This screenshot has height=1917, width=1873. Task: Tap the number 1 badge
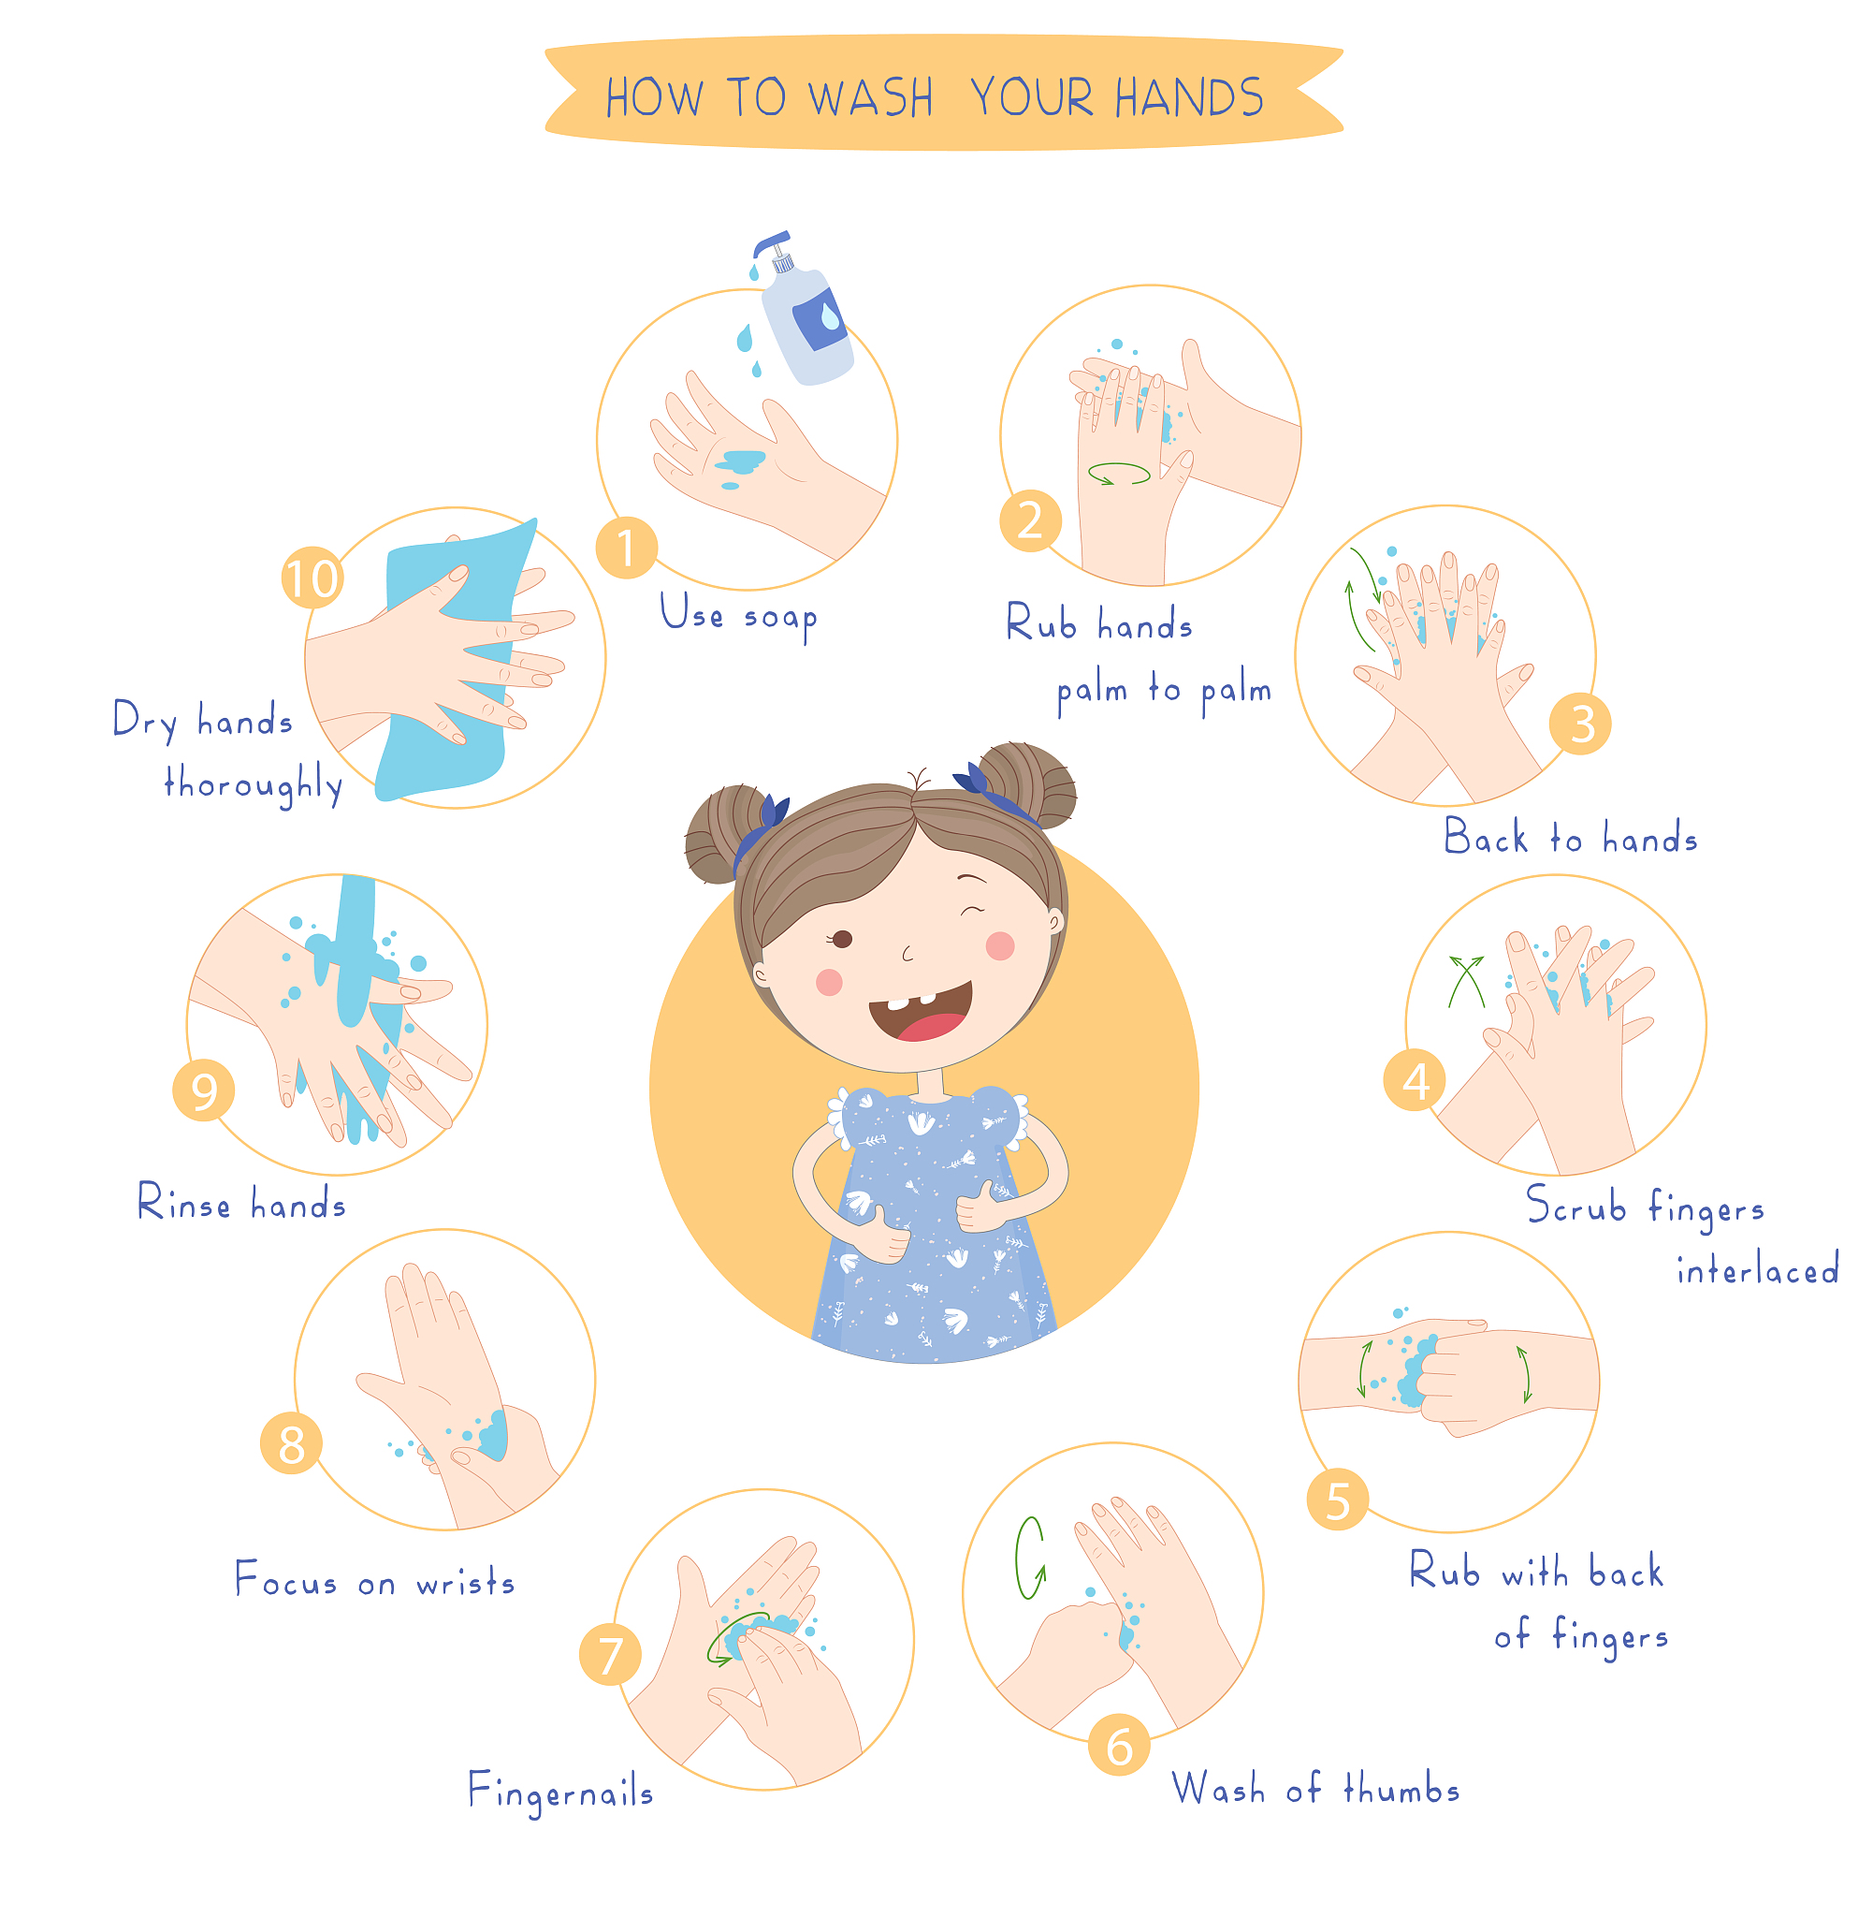[626, 549]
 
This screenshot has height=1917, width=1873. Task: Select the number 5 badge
[1338, 1500]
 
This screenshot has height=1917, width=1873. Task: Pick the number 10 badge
[312, 578]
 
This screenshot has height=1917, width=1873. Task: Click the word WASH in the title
[870, 98]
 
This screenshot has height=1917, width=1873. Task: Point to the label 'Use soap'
[739, 616]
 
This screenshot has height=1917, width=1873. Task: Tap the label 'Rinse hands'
[242, 1203]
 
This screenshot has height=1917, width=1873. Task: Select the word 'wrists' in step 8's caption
[465, 1583]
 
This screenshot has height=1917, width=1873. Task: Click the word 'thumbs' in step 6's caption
[1401, 1787]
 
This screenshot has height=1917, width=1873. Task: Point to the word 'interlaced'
[1757, 1269]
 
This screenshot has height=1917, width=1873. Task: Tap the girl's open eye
[842, 938]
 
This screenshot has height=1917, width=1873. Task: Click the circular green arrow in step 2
[1119, 474]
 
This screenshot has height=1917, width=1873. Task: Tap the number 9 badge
[204, 1090]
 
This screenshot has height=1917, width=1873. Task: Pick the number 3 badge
[1580, 724]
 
